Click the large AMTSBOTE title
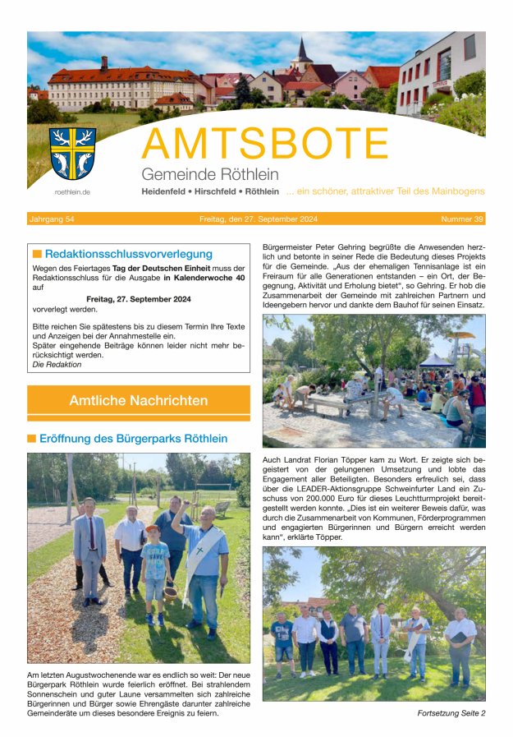click(264, 145)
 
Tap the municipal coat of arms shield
click(72, 154)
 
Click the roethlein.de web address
click(72, 191)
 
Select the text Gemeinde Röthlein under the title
click(209, 174)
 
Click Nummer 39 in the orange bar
click(462, 219)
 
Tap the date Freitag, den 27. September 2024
click(255, 219)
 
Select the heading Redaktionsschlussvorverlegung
click(128, 254)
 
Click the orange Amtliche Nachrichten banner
click(139, 400)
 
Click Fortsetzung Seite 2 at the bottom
click(451, 713)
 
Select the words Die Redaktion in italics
click(57, 364)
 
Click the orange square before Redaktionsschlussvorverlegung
click(37, 255)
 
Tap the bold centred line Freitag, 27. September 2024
click(138, 299)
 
